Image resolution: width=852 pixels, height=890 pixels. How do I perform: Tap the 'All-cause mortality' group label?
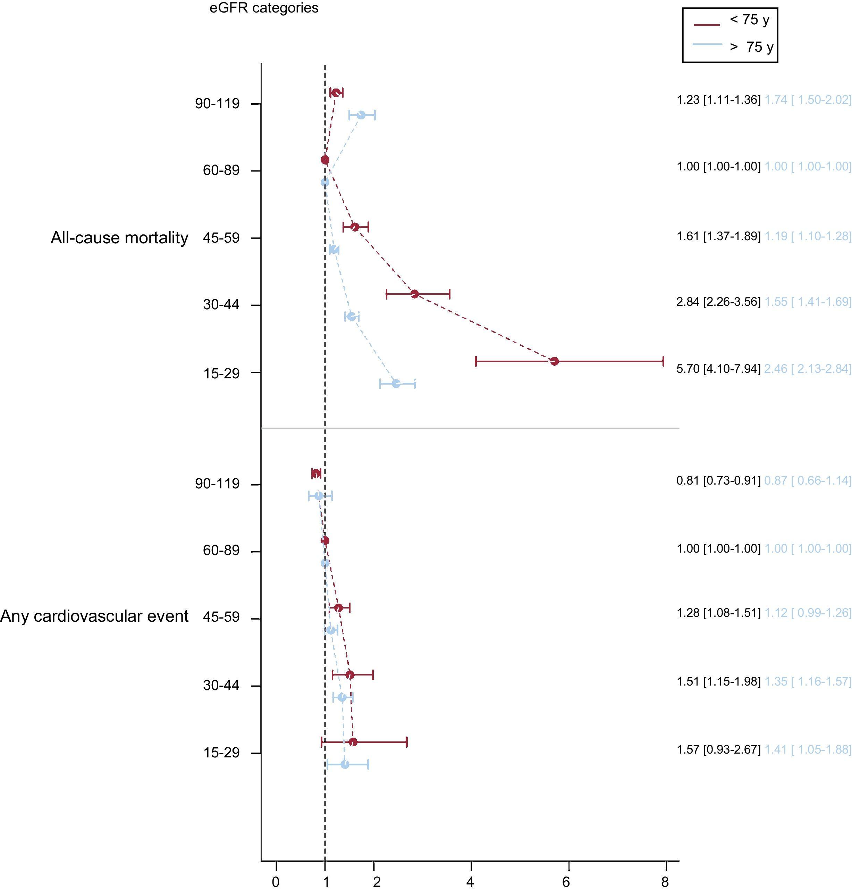(119, 237)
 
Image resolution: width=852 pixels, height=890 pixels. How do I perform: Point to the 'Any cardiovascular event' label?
(94, 616)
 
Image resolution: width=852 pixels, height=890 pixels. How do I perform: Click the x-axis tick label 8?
(665, 881)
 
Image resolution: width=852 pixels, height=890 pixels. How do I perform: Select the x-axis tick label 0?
(276, 881)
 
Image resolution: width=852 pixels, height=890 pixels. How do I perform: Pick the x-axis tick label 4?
(470, 881)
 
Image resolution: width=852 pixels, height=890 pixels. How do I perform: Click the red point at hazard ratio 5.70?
(554, 361)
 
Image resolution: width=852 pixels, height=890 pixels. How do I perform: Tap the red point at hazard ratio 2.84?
(414, 294)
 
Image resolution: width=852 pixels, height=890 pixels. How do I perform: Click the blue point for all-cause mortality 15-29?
(396, 384)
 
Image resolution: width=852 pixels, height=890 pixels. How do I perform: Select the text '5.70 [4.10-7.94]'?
(718, 368)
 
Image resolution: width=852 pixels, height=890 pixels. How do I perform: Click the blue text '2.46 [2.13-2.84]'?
(808, 368)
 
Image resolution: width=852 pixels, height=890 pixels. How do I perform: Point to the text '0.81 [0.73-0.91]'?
(718, 480)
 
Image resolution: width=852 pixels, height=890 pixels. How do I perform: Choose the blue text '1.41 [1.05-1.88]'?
(808, 749)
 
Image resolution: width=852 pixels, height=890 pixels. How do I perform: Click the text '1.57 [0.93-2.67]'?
(718, 749)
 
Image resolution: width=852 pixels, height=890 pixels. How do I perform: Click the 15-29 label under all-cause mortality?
(221, 373)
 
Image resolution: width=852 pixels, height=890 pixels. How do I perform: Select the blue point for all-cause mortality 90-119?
(361, 115)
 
